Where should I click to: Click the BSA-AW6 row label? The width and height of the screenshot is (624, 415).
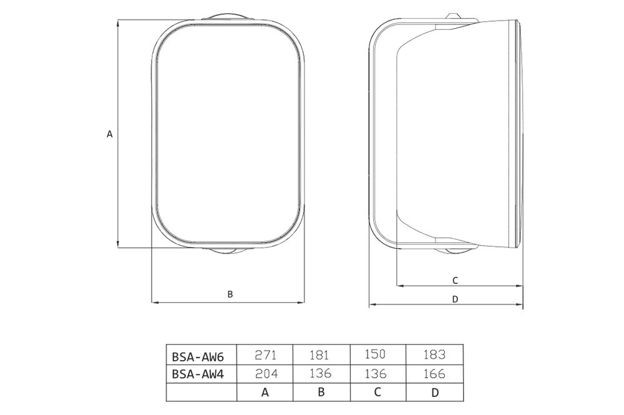point(198,356)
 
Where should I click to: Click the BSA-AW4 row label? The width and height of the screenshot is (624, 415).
point(198,374)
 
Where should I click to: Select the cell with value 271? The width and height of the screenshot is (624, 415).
point(265,355)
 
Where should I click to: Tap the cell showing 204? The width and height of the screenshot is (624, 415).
point(265,374)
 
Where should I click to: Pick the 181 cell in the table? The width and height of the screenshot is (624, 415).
point(319,355)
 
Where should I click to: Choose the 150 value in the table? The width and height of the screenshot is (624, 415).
point(375,354)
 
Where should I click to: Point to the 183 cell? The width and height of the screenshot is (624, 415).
point(434,355)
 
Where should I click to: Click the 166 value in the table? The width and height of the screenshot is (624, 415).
point(434,374)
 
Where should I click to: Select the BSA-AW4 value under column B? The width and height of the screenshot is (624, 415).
point(320,374)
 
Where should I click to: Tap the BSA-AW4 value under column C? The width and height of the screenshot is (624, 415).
point(376,374)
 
